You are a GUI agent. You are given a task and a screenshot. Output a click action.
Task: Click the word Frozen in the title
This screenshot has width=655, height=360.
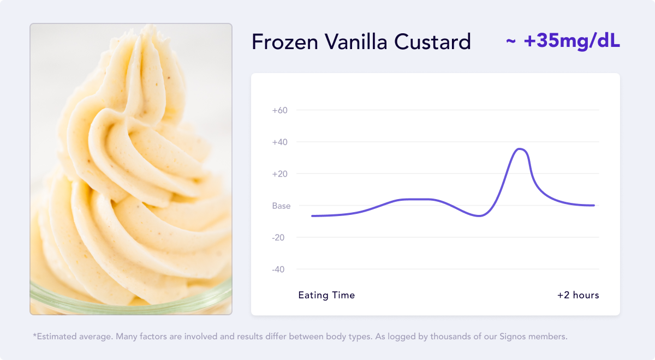coord(285,42)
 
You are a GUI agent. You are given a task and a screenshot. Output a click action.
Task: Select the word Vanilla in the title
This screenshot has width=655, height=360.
coord(356,41)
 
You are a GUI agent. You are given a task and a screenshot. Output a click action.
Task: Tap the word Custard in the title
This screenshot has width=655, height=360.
coord(432,41)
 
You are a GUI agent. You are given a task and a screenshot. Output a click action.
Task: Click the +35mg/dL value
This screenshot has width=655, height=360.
coord(571,40)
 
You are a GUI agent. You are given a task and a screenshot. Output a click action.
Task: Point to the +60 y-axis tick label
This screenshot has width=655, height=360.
coord(280,110)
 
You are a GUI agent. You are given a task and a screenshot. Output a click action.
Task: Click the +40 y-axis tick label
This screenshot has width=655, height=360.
coord(280,142)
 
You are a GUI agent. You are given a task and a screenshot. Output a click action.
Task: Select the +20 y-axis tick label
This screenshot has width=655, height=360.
coord(280,174)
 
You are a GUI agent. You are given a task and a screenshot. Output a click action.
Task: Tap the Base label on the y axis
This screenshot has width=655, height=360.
coord(281,206)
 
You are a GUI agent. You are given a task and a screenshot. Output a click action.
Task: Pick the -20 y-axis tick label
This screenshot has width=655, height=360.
coord(278,238)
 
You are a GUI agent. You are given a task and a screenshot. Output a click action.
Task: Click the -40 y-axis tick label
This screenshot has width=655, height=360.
coord(278,269)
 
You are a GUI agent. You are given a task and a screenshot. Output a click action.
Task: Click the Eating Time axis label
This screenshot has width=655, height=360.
coord(326,295)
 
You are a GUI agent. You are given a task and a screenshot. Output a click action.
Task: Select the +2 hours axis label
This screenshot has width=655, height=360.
coord(578,295)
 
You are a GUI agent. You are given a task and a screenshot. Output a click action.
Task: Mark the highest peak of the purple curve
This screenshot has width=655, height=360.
coord(520,149)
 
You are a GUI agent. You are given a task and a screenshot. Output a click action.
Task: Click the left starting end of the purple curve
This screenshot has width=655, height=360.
coord(312,216)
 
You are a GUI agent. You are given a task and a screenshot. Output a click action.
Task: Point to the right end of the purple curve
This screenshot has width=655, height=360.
coord(594,206)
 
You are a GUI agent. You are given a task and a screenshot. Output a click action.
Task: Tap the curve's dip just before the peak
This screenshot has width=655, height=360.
coord(479,216)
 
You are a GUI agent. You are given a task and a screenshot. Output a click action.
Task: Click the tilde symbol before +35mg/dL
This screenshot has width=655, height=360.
coord(510,41)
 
